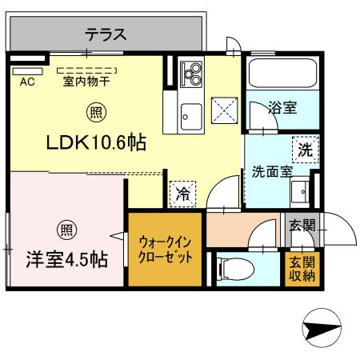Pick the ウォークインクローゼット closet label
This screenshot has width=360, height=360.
click(x=165, y=250)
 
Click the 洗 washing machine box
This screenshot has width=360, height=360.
click(x=305, y=148)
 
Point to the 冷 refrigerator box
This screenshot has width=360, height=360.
click(x=183, y=192)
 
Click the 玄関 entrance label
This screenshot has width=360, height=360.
click(x=302, y=225)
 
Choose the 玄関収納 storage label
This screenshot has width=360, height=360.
click(x=302, y=268)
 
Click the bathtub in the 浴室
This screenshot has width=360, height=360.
click(x=279, y=75)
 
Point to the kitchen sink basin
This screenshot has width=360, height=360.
click(x=191, y=115)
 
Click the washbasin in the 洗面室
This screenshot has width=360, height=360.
click(x=302, y=190)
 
